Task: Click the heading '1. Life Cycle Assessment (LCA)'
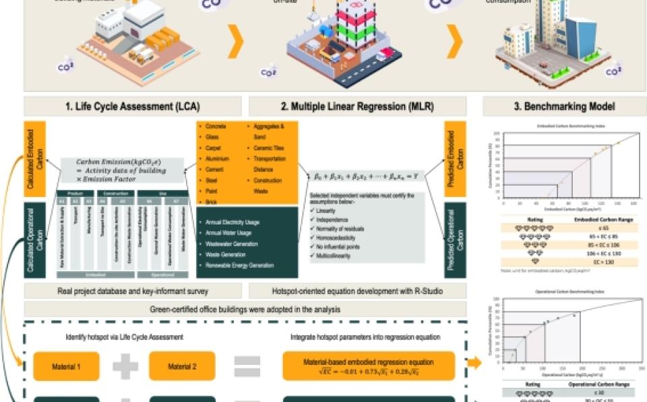[132, 107]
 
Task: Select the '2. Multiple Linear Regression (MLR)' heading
[357, 107]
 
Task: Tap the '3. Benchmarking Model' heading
[565, 107]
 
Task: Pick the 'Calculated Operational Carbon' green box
[34, 240]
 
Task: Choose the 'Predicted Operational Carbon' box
[456, 240]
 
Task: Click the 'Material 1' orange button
[66, 366]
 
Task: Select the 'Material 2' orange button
[182, 366]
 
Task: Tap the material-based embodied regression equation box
[369, 366]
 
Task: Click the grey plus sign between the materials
[125, 366]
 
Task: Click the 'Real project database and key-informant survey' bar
[132, 291]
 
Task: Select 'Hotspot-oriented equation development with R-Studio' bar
[357, 291]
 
